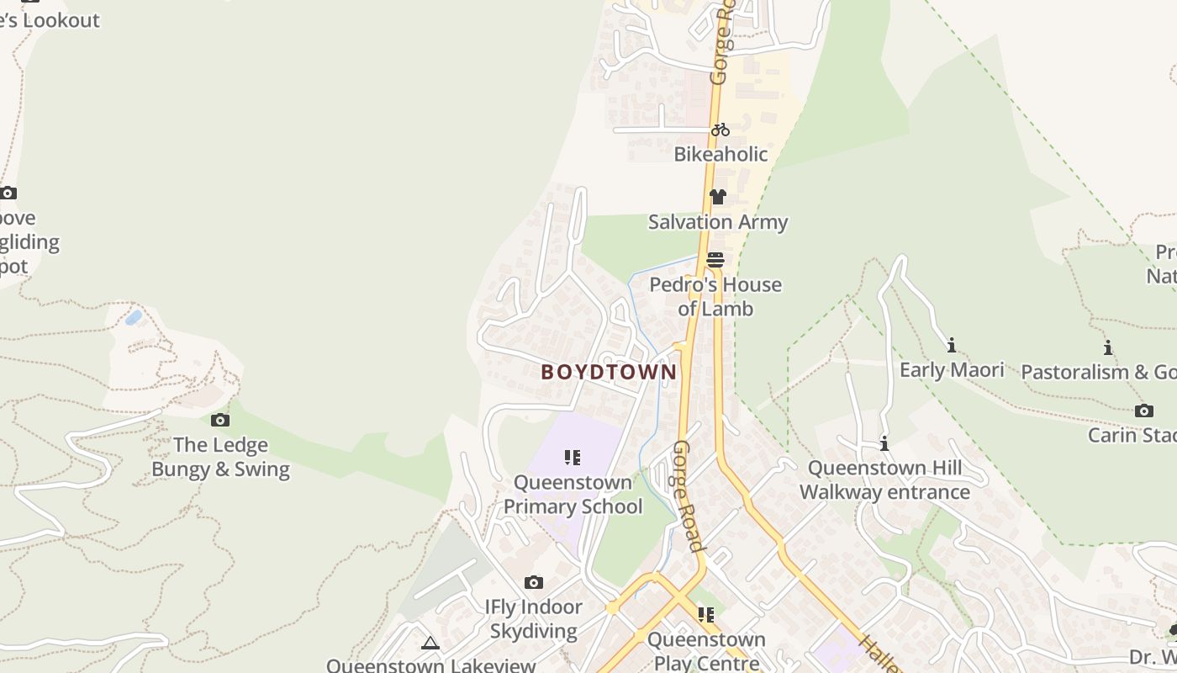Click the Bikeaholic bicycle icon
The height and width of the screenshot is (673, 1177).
point(720,130)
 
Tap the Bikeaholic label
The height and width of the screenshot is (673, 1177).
point(720,154)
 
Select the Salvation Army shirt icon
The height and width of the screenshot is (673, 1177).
point(717,197)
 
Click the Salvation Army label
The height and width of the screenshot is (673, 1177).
point(718,222)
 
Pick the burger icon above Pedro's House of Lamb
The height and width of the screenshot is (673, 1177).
point(715,260)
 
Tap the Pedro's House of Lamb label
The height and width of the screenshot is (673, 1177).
point(715,297)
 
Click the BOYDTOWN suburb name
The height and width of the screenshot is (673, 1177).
point(609,372)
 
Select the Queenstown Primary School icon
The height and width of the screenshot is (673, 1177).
point(573,458)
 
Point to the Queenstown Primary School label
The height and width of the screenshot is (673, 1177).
point(573,495)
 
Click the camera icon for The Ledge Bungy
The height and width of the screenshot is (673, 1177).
point(220,420)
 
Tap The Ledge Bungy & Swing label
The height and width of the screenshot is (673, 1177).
point(220,457)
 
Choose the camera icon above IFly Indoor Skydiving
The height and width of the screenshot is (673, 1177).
point(533,582)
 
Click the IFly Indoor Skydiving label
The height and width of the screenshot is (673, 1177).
point(533,618)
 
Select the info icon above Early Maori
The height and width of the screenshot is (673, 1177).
point(952,345)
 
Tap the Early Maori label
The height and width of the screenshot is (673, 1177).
point(952,370)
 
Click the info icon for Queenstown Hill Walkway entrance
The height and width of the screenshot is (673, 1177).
point(884,443)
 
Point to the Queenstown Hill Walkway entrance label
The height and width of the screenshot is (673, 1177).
point(884,480)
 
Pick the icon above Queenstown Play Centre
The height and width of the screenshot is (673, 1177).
point(706,615)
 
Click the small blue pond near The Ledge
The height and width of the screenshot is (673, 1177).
point(133,318)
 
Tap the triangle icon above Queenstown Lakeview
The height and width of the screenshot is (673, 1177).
point(430,644)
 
